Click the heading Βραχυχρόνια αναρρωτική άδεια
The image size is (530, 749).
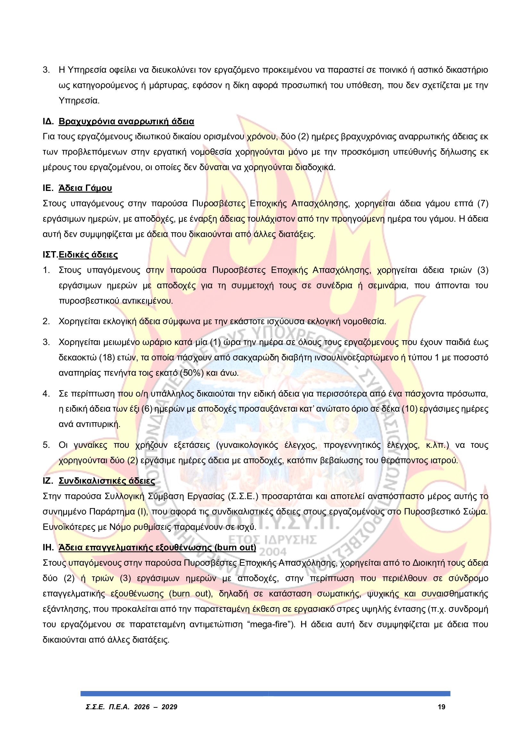[x=126, y=121]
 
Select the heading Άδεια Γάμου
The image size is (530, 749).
[x=85, y=188]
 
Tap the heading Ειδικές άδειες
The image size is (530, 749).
[x=88, y=254]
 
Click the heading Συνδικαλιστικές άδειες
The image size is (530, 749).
[x=106, y=481]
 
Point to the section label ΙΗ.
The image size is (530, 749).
[x=48, y=547]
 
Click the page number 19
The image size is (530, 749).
[x=441, y=707]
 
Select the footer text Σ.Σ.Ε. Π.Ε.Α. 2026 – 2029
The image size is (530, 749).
[x=131, y=707]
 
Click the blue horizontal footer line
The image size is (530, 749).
[x=265, y=694]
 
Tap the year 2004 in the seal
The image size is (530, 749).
[x=273, y=552]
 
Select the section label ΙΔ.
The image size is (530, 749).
[x=48, y=121]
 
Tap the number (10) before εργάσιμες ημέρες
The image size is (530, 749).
[x=409, y=409]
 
